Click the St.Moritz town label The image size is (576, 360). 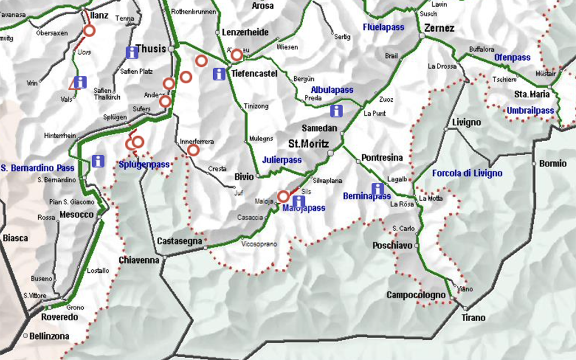tap(308, 143)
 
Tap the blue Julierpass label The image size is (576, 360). tap(282, 160)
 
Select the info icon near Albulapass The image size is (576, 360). tap(336, 110)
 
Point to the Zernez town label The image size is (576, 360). tap(439, 28)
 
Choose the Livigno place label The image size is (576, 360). tap(466, 122)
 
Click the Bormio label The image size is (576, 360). tap(552, 164)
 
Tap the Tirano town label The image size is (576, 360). tap(473, 318)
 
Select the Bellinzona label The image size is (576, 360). tap(50, 336)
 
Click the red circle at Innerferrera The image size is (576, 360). tap(193, 150)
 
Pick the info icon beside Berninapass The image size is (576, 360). tap(378, 189)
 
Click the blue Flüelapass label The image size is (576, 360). tap(384, 27)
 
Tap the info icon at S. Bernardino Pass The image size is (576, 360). tap(98, 161)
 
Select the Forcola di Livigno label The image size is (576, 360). tap(467, 173)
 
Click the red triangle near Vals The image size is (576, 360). tap(74, 84)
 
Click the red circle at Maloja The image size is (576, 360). tap(284, 196)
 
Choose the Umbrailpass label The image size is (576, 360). tap(530, 110)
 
